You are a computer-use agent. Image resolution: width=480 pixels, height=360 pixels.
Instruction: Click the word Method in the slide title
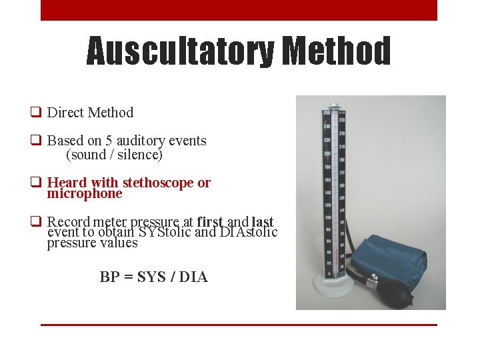[336, 51]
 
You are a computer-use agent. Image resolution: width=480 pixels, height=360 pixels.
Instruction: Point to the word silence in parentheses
[139, 155]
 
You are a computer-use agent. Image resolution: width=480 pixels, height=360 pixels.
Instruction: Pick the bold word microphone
[85, 194]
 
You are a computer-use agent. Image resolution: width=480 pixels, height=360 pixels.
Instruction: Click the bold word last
[263, 221]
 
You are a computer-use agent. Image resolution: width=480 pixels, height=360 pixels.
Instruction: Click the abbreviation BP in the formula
[109, 277]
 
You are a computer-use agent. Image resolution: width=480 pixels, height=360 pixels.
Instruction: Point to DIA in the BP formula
[194, 277]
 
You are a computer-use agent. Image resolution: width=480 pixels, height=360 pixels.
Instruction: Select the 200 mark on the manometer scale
[327, 153]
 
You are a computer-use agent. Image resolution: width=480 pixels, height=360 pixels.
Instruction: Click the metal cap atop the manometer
[335, 105]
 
